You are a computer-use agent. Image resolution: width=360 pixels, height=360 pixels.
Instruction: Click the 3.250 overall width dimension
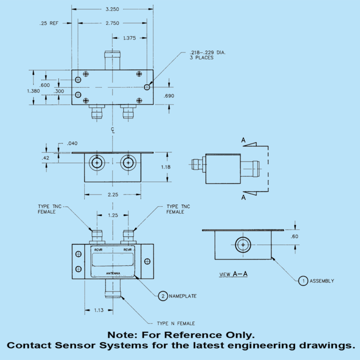[x=112, y=9]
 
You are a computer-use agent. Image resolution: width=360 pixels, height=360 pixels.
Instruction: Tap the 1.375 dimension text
[x=129, y=38]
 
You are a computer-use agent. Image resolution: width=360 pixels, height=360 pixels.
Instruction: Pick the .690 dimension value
[x=169, y=96]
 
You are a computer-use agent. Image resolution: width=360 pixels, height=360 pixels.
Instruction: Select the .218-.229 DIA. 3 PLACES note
[x=208, y=55]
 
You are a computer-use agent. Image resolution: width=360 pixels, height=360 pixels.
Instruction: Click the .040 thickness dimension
[x=72, y=143]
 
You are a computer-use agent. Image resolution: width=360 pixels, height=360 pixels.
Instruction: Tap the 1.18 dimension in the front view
[x=178, y=167]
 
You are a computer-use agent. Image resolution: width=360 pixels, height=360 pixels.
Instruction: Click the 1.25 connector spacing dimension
[x=112, y=215]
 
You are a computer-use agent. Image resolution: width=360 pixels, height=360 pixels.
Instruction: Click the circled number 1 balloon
[x=303, y=281]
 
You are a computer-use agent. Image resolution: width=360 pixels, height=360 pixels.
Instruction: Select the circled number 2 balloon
[x=163, y=296]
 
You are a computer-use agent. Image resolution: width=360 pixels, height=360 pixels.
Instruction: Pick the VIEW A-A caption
[x=233, y=274]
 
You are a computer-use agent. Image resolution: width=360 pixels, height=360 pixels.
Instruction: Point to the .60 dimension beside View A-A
[x=294, y=237]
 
